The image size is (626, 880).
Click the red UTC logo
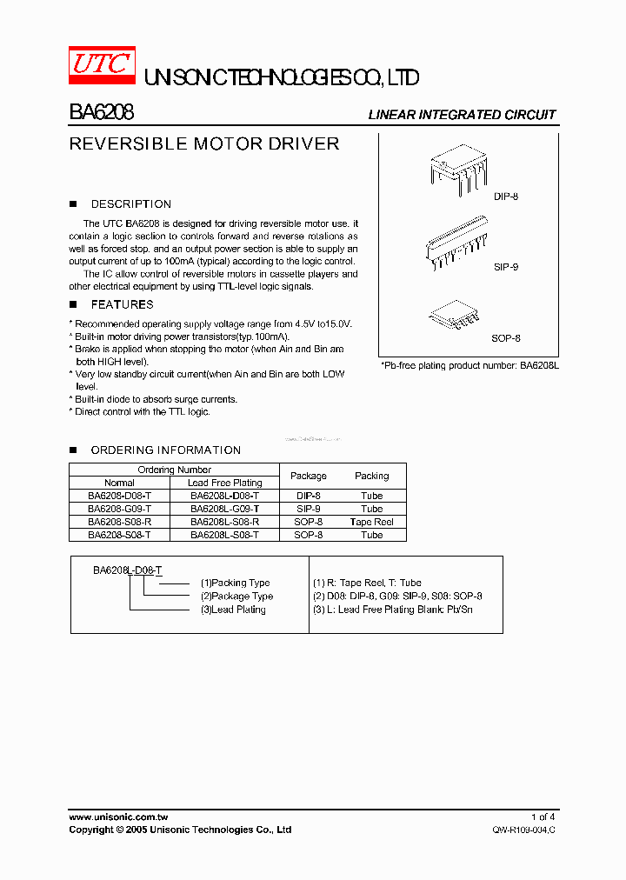pos(101,65)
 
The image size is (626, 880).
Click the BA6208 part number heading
pos(101,113)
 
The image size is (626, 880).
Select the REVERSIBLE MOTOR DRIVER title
pos(203,143)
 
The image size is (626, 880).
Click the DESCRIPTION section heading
pos(130,204)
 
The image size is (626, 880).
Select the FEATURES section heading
pos(122,305)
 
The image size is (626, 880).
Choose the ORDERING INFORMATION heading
pos(165,450)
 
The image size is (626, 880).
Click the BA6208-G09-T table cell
pos(119,509)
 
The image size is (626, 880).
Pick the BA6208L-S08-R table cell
pos(224,522)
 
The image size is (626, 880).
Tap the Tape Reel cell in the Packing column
pos(371,522)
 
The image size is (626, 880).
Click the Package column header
pos(308,476)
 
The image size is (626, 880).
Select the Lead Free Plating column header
pos(224,483)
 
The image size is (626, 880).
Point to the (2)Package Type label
pos(236,597)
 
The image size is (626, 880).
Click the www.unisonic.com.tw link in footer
pos(118,817)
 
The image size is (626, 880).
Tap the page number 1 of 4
pos(542,817)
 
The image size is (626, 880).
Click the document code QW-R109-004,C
pos(523,830)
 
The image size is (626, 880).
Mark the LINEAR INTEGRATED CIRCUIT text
pos(462,115)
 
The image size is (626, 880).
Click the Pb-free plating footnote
pos(469,366)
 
